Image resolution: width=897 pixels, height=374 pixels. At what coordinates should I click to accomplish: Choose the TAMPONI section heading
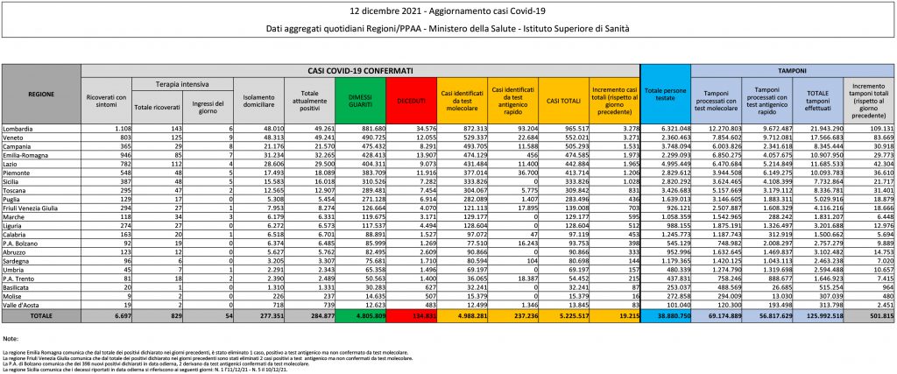(x=792, y=69)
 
